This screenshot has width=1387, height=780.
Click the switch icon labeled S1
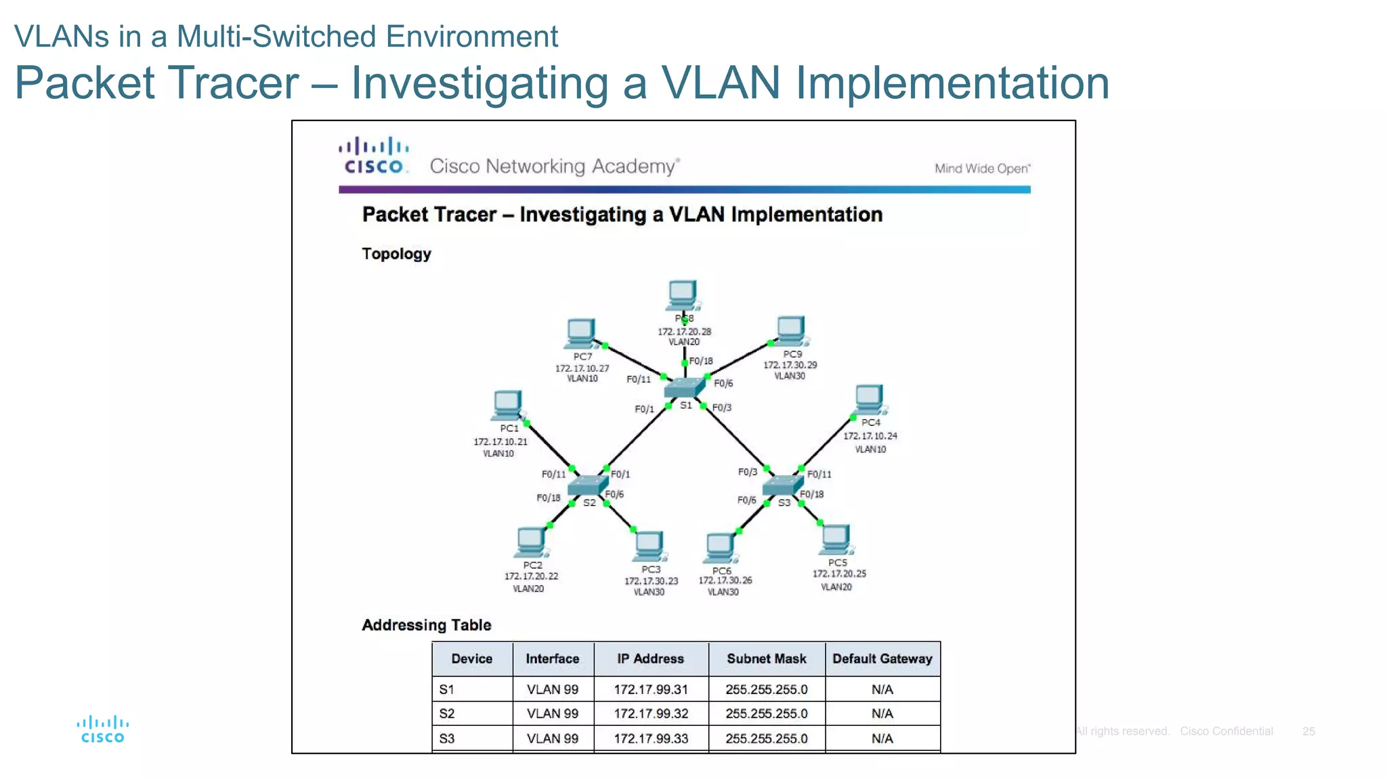[685, 388]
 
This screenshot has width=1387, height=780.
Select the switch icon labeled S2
[587, 485]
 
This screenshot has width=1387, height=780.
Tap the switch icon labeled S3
[782, 485]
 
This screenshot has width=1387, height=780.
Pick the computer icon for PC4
[870, 399]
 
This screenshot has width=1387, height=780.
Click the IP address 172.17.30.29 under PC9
[790, 365]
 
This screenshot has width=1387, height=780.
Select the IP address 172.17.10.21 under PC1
[500, 441]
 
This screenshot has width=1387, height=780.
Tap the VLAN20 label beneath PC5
[836, 587]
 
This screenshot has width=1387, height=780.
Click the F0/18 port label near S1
[701, 361]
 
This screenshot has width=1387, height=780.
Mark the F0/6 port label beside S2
[614, 494]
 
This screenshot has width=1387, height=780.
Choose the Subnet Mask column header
[766, 659]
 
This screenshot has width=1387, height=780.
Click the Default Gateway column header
[882, 659]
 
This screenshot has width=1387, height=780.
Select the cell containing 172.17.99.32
[651, 714]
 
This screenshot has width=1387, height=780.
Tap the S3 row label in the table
[447, 739]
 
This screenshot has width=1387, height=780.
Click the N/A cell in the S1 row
[882, 689]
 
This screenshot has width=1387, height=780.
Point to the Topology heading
[396, 254]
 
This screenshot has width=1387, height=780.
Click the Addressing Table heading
[427, 625]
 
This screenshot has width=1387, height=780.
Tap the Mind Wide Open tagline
[982, 169]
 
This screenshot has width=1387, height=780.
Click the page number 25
[1308, 731]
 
